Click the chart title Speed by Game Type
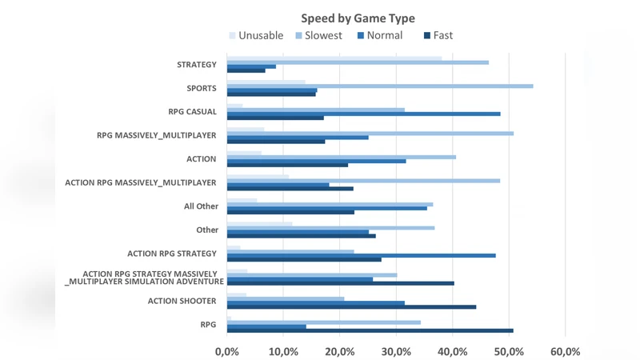[x=358, y=18]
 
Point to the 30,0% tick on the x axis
[x=396, y=351]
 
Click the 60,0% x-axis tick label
[x=566, y=351]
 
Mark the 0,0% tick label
[x=227, y=351]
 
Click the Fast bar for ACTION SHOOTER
[x=352, y=306]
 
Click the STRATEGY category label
[x=197, y=65]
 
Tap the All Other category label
[x=201, y=206]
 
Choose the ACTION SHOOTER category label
[x=182, y=301]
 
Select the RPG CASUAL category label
[x=192, y=112]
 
